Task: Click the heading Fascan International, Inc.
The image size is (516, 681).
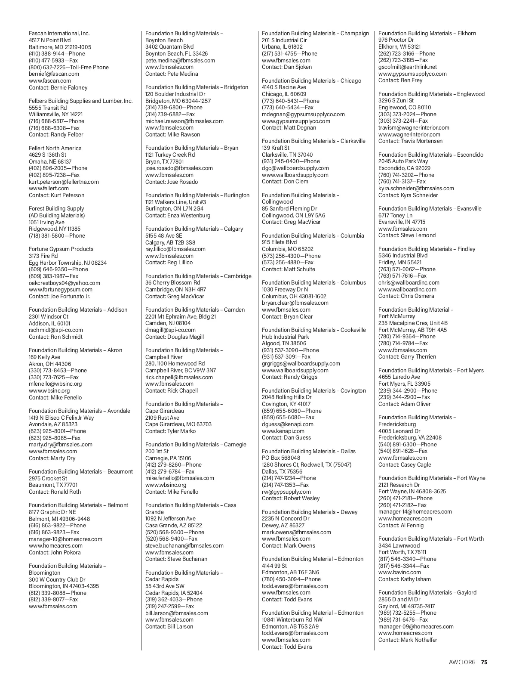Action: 59,34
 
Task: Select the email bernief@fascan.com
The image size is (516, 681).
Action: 54,74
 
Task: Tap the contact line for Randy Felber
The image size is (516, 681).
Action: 56,135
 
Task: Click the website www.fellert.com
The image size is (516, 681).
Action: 49,189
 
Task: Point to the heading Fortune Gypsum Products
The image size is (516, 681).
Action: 61,249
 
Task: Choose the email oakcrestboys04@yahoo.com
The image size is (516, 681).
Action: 64,283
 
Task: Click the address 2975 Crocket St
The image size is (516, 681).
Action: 48,479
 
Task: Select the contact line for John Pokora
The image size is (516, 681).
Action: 55,553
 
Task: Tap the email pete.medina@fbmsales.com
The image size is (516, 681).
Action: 180,61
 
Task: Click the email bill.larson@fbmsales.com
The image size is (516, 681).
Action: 177,613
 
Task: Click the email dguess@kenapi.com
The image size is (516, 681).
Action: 288,424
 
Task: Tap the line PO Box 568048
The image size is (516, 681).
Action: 281,458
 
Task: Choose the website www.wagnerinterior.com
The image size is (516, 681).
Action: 409,135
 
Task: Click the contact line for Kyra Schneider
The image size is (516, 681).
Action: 408,195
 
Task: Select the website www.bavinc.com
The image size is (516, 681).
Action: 399,573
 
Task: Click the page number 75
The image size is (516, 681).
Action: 484,662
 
